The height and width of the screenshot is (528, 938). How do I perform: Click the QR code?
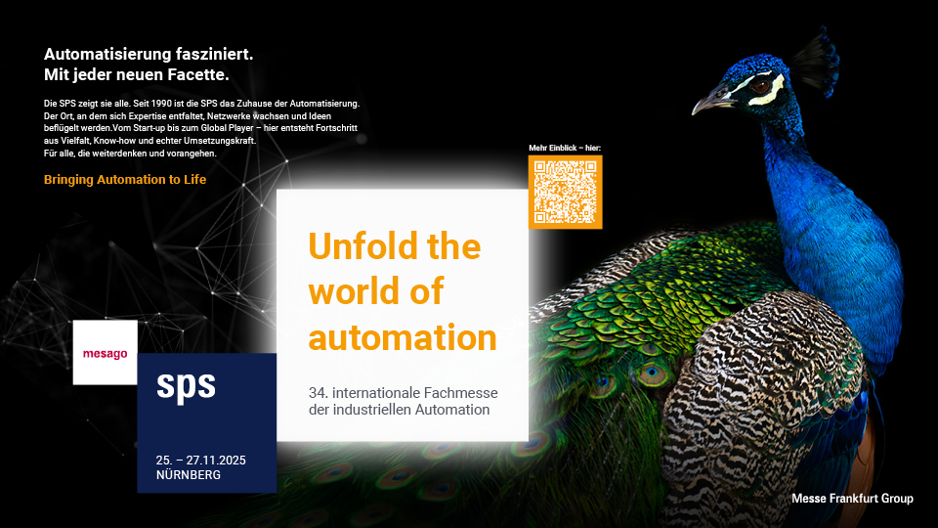565,192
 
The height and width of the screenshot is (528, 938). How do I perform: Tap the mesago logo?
106,353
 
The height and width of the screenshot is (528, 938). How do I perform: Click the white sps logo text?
186,386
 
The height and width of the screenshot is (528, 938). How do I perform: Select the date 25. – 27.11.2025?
201,461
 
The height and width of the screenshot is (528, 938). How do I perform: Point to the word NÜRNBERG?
189,475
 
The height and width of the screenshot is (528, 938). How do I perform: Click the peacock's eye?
760,87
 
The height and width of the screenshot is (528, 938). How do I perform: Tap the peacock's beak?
710,103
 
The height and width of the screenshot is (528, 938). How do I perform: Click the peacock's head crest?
816,62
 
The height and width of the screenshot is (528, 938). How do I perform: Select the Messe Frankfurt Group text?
852,498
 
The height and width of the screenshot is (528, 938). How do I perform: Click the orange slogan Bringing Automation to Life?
125,180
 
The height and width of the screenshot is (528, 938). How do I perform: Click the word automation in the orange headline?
403,337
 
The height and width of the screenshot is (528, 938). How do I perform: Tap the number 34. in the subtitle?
319,393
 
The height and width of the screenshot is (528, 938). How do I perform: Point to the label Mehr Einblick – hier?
565,148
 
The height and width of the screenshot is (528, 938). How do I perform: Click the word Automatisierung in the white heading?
107,55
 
